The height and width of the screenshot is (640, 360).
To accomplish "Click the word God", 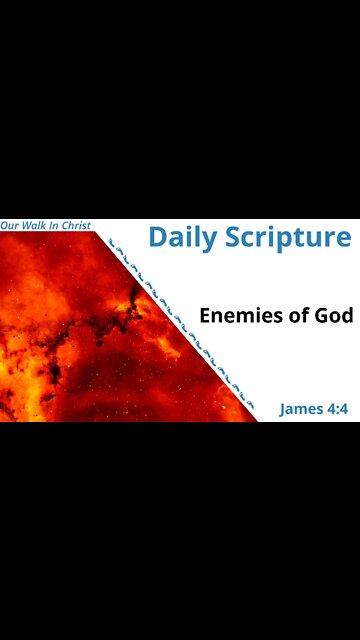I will click(x=336, y=315).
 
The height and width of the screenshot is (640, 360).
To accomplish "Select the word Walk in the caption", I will click(x=37, y=225).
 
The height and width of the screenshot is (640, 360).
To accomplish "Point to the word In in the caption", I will click(x=59, y=225).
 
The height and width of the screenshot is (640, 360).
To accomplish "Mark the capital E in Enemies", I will click(x=206, y=315).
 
